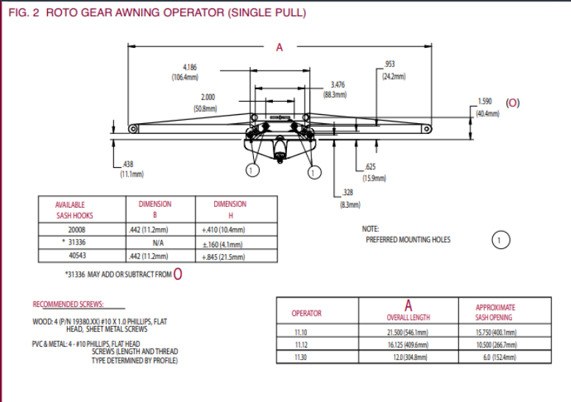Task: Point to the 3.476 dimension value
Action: click(338, 85)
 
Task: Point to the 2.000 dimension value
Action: click(208, 97)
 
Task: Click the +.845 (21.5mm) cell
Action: click(224, 256)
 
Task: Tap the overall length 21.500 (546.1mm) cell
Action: click(408, 332)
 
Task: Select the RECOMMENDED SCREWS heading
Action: click(68, 304)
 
